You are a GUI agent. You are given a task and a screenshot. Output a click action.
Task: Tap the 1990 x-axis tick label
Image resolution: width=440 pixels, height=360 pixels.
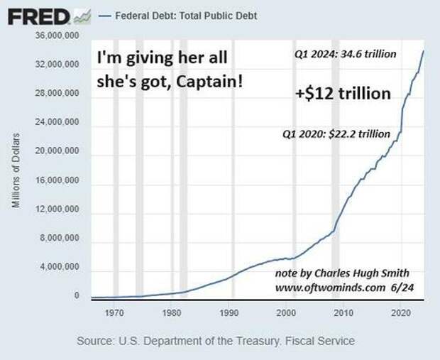[x=229, y=311]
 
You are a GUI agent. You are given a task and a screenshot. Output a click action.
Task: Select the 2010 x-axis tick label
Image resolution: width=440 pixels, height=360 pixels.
[x=343, y=311]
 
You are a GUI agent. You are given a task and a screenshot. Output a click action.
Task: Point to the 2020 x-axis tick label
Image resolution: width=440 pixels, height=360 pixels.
[x=401, y=311]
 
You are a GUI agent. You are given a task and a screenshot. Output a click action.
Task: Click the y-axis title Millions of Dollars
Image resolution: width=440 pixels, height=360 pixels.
[x=17, y=170]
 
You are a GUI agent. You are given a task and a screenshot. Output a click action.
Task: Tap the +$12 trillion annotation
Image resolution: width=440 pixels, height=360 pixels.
[x=343, y=94]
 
